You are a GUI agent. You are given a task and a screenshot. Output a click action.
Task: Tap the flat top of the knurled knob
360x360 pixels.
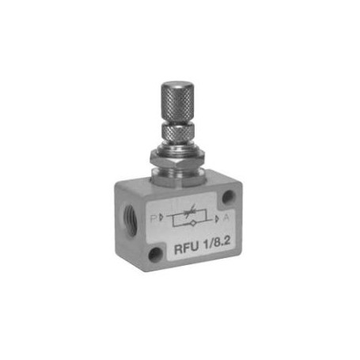pyautogui.click(x=178, y=85)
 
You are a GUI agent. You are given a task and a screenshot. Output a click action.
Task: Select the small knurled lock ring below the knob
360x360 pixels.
pyautogui.click(x=179, y=134)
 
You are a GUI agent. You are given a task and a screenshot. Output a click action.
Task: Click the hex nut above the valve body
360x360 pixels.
pyautogui.click(x=178, y=158)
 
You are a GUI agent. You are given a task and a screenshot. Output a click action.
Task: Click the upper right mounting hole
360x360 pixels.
pyautogui.click(x=228, y=197)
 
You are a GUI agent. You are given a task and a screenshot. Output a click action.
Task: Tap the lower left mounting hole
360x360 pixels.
pyautogui.click(x=156, y=254)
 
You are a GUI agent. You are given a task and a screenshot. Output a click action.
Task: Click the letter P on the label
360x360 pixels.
pyautogui.click(x=153, y=218)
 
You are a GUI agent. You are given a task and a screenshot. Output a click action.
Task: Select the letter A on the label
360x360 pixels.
pyautogui.click(x=226, y=218)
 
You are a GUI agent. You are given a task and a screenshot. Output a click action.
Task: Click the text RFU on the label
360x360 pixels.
pyautogui.click(x=187, y=248)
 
